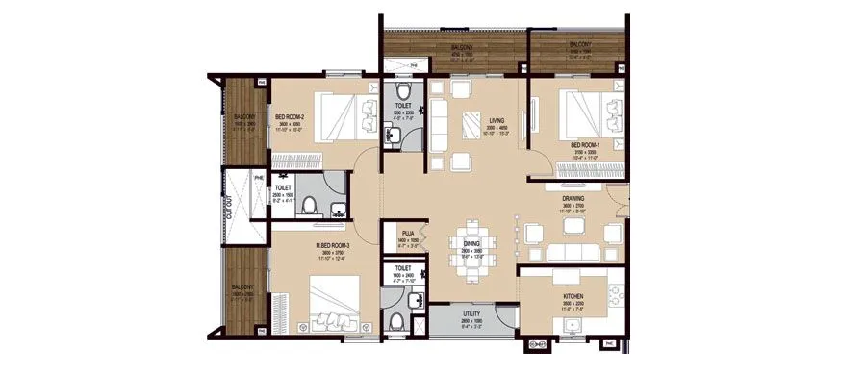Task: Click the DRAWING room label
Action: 574,200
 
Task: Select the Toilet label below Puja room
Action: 403,269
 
